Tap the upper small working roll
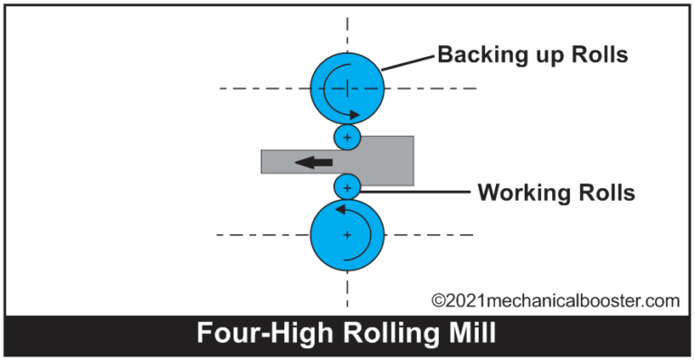(x=347, y=137)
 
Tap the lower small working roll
(x=347, y=187)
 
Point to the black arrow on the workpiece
(x=314, y=162)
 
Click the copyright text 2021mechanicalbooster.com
(x=555, y=299)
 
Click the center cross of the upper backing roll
(x=347, y=88)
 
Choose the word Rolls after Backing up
(x=593, y=55)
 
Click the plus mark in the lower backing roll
(x=347, y=234)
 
